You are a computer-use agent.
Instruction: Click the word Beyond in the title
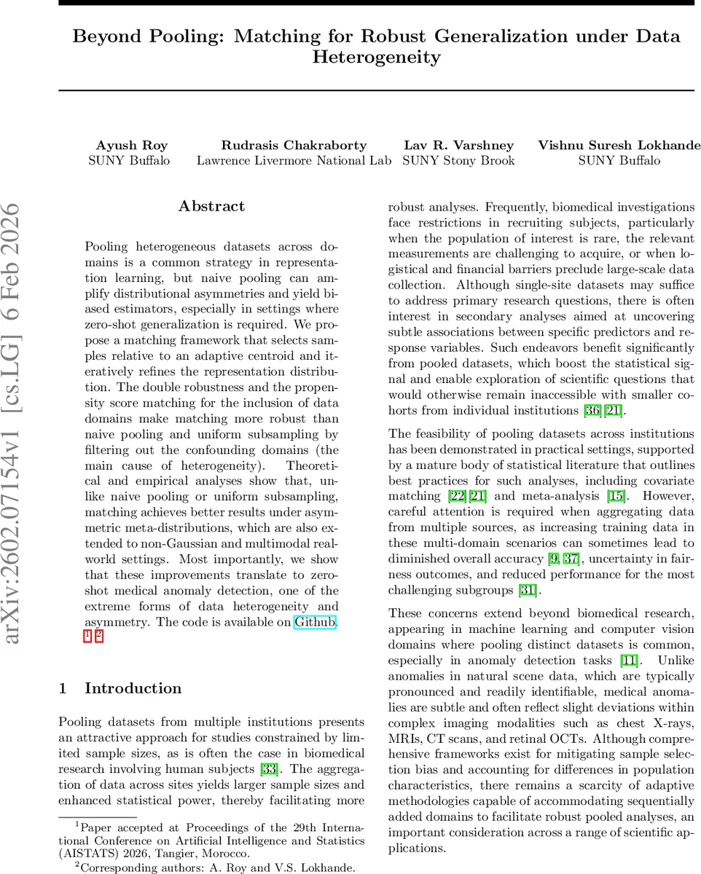pyautogui.click(x=109, y=36)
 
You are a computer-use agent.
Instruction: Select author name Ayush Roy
pyautogui.click(x=128, y=145)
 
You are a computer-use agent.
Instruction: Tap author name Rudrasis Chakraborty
pyautogui.click(x=294, y=145)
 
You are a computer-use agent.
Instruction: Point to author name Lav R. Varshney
pyautogui.click(x=459, y=145)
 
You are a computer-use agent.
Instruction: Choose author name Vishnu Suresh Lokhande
pyautogui.click(x=619, y=145)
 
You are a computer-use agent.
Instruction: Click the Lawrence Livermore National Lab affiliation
pyautogui.click(x=294, y=160)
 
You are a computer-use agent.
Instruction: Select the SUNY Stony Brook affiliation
pyautogui.click(x=459, y=160)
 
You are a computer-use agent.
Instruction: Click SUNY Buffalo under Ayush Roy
pyautogui.click(x=128, y=160)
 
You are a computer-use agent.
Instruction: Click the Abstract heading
pyautogui.click(x=211, y=207)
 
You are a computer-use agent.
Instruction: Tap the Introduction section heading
pyautogui.click(x=133, y=688)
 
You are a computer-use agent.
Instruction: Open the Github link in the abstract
pyautogui.click(x=315, y=622)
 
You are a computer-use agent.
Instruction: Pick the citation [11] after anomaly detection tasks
pyautogui.click(x=628, y=661)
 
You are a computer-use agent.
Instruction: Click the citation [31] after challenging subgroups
pyautogui.click(x=529, y=590)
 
